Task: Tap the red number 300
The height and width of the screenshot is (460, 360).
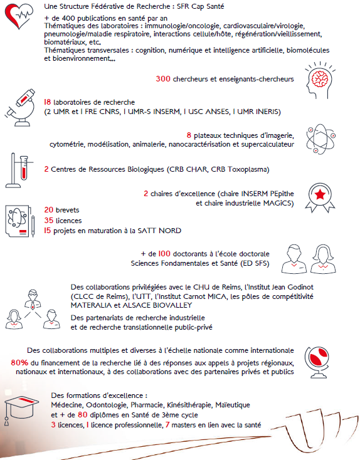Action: [x=163, y=78]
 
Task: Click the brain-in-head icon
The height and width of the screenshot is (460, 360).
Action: [x=319, y=80]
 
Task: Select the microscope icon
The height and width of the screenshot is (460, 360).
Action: [x=20, y=108]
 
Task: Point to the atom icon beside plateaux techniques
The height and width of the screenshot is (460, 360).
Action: [x=320, y=139]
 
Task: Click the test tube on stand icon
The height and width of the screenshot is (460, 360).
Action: [x=19, y=170]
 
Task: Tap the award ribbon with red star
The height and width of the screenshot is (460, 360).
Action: [x=320, y=198]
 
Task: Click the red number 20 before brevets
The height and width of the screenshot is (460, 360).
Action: [x=49, y=210]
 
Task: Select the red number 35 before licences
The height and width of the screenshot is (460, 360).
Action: [x=49, y=221]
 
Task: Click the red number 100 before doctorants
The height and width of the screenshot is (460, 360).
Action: [x=164, y=253]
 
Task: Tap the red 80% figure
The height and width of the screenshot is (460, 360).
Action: [x=19, y=363]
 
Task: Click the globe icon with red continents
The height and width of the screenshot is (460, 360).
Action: [x=317, y=362]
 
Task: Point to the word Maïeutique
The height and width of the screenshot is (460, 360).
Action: [x=233, y=405]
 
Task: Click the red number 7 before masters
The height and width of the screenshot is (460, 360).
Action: [x=167, y=424]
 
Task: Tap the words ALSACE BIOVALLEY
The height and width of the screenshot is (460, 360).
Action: [x=157, y=305]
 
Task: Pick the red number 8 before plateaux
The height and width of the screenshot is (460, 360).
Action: [x=189, y=135]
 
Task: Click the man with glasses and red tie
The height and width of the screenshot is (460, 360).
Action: [x=33, y=300]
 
